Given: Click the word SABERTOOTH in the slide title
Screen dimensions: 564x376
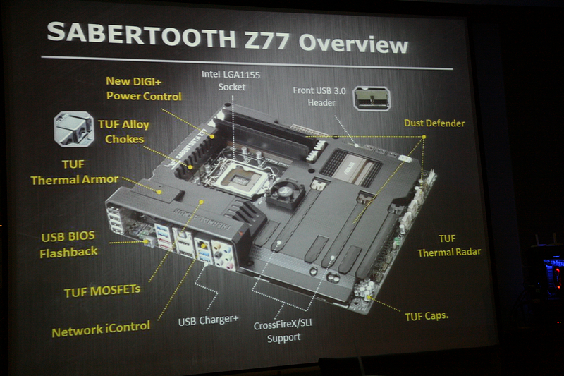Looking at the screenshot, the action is click(141, 35).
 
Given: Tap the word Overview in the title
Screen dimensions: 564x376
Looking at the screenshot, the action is click(354, 44).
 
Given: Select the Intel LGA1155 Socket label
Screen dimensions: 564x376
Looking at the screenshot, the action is click(231, 80).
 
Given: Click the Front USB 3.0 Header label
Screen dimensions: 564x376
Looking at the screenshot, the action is click(320, 97).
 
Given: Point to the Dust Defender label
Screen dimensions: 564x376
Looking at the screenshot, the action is click(434, 123).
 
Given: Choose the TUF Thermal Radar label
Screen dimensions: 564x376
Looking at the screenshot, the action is click(449, 245).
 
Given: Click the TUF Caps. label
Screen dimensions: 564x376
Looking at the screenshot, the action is click(427, 316).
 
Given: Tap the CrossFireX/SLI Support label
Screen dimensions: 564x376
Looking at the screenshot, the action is click(283, 332).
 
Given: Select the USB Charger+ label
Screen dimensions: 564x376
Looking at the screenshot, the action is click(208, 320).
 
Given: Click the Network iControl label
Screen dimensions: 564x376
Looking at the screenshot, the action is click(101, 329).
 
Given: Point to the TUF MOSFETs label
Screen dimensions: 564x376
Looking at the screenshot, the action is click(102, 291).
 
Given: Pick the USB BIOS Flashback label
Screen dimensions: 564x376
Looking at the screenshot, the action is click(68, 244).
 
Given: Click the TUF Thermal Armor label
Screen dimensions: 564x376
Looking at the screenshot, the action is click(75, 172).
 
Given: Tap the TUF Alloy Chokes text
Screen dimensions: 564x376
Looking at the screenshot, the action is click(124, 132).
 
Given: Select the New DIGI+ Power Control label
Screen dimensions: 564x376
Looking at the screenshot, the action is click(144, 88).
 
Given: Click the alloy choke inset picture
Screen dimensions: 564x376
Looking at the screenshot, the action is click(74, 129).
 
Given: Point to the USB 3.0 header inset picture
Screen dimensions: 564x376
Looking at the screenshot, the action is click(372, 98).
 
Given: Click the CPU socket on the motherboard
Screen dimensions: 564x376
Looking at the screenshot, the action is click(238, 177).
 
